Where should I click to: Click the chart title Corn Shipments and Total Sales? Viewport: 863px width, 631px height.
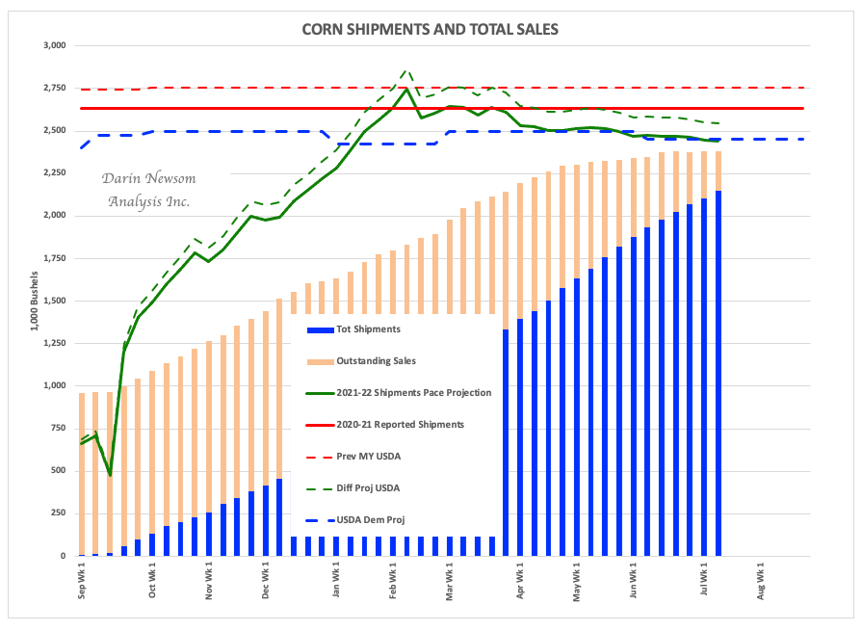point(430,29)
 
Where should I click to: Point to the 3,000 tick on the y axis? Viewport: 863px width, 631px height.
point(51,45)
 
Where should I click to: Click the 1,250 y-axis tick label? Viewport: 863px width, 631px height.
point(51,343)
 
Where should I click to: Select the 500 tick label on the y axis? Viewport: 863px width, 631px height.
point(57,471)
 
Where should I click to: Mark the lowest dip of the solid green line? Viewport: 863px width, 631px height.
point(110,475)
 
